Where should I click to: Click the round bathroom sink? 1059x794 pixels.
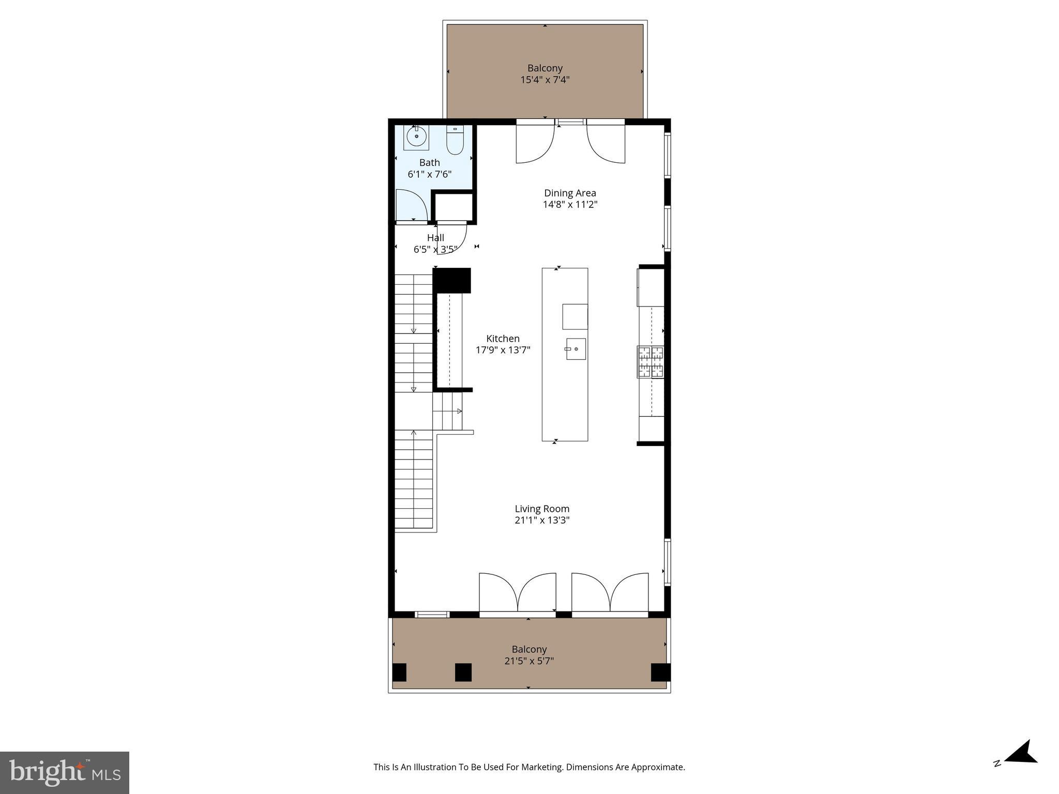416,137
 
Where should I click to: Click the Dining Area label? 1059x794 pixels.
570,193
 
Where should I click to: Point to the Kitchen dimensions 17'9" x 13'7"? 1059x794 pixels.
503,350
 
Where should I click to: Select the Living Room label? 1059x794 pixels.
542,509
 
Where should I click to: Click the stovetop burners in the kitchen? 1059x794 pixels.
650,362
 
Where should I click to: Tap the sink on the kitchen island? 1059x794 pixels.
575,349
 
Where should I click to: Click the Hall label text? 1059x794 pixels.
435,238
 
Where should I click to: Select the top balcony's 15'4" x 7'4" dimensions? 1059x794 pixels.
545,80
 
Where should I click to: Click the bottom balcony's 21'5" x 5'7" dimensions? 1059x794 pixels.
529,661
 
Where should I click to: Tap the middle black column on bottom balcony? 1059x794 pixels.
463,672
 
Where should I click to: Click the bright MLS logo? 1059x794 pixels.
65,772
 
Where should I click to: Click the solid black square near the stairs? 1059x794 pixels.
451,280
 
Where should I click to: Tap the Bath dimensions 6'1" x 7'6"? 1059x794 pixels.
429,174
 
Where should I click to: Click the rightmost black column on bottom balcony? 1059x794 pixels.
660,672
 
